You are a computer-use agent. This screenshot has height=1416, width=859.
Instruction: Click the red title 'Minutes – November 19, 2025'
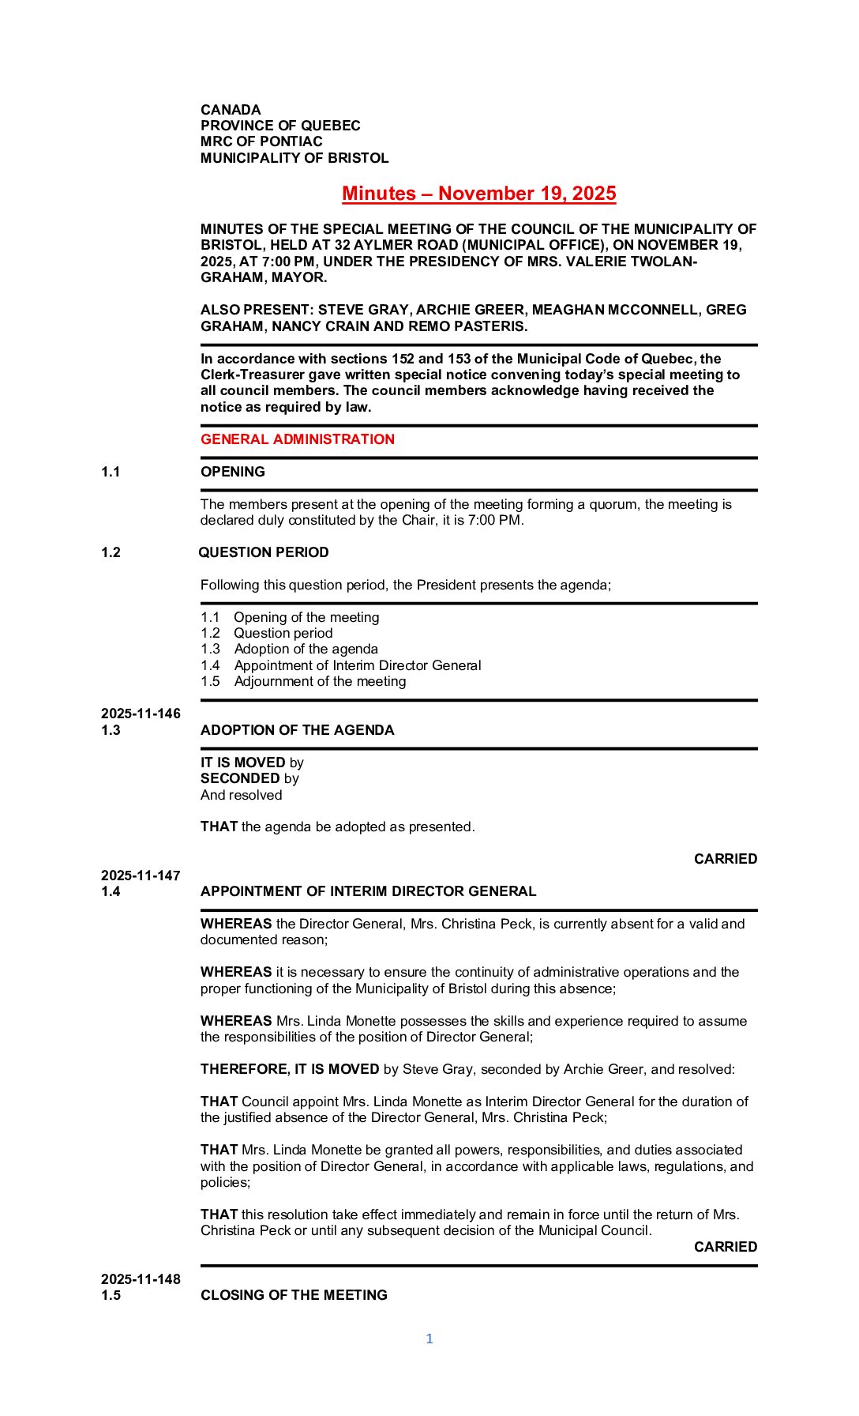(478, 194)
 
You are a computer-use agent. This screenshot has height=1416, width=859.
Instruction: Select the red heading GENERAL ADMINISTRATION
(297, 439)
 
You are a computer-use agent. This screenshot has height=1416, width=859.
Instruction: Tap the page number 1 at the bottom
(429, 1339)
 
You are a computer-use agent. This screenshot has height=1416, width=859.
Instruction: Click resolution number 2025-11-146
(141, 714)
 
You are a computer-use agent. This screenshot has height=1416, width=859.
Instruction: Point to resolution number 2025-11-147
(141, 876)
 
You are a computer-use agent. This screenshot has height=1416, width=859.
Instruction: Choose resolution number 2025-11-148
(141, 1279)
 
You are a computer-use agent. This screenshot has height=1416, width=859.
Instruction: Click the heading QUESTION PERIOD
(264, 552)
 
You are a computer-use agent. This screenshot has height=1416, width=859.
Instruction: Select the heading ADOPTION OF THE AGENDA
(297, 730)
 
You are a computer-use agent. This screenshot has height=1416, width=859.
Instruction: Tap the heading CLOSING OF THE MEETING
(294, 1295)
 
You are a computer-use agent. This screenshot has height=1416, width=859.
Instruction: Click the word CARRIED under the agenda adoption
(725, 859)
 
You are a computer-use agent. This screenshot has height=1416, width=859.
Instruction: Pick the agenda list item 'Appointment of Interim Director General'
(357, 665)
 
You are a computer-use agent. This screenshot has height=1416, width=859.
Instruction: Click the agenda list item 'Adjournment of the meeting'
(320, 681)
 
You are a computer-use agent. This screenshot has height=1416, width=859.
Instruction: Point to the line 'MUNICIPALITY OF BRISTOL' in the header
(294, 158)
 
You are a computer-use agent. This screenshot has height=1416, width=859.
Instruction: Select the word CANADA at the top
(231, 110)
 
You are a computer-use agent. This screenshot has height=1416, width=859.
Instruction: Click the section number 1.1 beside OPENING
(111, 472)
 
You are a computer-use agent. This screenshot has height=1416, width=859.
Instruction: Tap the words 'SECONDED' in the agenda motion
(240, 778)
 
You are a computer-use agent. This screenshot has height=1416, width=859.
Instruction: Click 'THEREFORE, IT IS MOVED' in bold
(290, 1069)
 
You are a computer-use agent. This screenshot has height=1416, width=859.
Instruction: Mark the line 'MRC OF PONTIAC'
(261, 141)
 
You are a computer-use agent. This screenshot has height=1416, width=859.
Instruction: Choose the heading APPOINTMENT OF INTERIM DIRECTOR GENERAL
(368, 891)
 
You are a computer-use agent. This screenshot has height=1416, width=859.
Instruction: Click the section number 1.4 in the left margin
(111, 891)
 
